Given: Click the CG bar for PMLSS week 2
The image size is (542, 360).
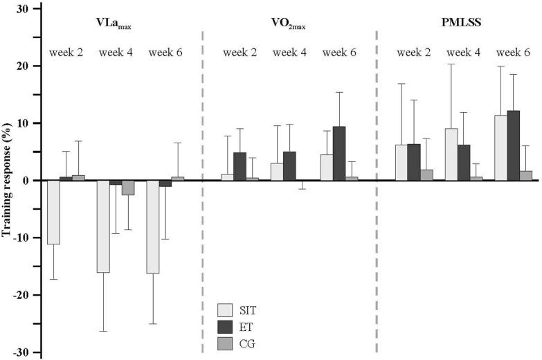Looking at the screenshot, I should click(x=426, y=175).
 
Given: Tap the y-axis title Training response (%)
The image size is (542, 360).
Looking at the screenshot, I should click(x=8, y=181).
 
